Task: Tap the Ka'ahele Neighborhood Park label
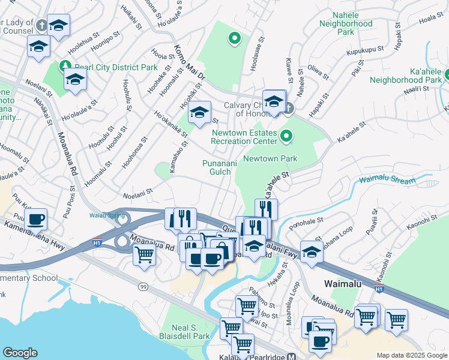pos(406,74)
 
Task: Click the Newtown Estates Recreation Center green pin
pos(286,137)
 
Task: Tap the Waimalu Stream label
pos(387,181)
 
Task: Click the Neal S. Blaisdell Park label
pos(185,331)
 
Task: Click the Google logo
pos(20,353)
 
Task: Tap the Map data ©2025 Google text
pos(411,355)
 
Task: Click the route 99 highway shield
pos(143,287)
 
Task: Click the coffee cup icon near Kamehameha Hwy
pos(36,220)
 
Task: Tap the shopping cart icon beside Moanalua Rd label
pos(143,255)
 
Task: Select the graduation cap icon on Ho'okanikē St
pos(199,112)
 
